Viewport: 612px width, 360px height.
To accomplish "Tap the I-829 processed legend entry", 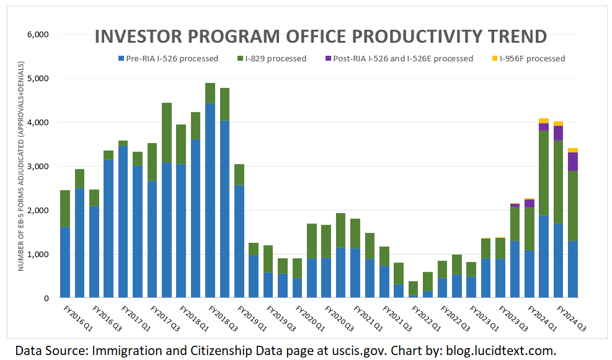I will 276,59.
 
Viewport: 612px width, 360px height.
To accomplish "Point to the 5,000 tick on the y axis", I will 38,79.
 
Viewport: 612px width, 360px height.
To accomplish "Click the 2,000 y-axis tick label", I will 38,211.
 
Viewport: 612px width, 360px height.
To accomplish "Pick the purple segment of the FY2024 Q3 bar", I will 573,161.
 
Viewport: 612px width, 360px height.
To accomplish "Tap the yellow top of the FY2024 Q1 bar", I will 544,121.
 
